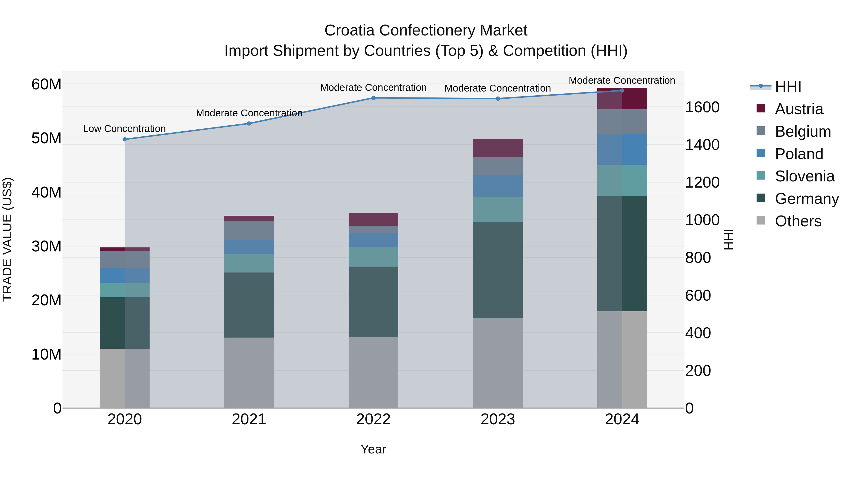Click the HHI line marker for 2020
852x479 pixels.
coord(125,140)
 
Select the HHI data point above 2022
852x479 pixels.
coord(373,98)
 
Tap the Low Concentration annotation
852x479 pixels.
coord(124,129)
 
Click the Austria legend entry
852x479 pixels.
coord(799,109)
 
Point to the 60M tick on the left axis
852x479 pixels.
coord(46,84)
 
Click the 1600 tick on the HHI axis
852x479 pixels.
coord(702,107)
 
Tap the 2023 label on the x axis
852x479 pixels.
coord(497,419)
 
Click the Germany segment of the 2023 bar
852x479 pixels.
coord(497,270)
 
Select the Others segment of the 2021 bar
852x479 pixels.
coord(249,373)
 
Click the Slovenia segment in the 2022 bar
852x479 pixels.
coord(373,257)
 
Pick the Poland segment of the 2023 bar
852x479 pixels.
coord(497,186)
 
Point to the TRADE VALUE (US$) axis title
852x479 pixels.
coord(7,239)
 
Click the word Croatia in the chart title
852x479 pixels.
coord(350,31)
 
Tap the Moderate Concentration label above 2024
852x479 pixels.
coord(621,80)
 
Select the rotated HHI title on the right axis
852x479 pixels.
coord(728,239)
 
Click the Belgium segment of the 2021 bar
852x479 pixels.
coord(249,230)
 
